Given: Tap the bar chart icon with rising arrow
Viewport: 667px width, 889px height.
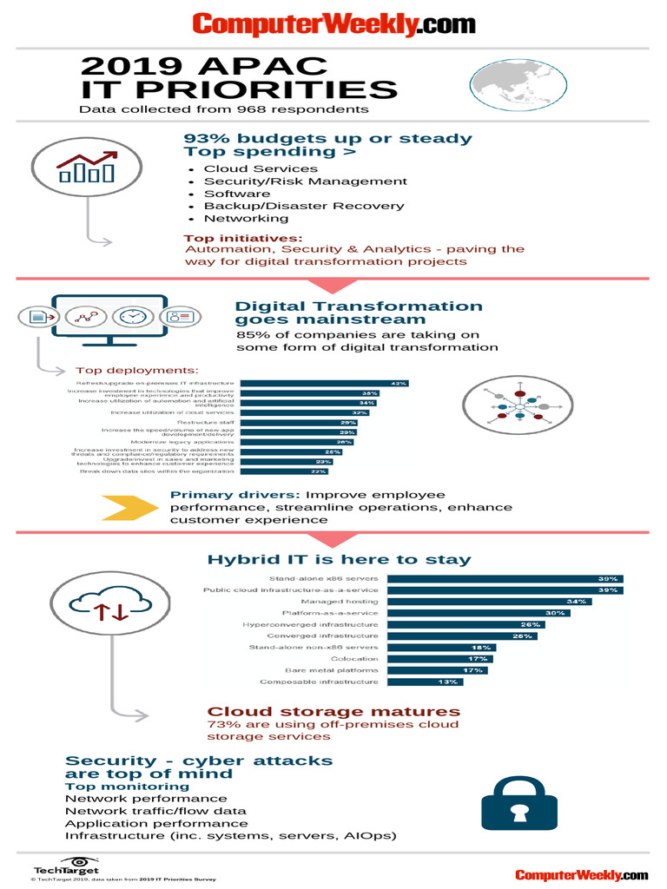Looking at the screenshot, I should point(86,168).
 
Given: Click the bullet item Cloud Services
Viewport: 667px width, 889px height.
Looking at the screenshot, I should point(261,168).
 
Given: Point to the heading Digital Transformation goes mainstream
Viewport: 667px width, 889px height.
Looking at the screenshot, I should point(359,313).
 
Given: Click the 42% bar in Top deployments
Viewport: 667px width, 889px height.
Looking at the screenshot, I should point(325,383).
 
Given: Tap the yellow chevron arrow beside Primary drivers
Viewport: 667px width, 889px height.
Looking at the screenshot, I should point(130,507).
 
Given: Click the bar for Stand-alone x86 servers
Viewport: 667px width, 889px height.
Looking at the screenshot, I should point(505,578).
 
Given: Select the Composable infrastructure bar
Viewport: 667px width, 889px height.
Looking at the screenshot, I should point(425,682).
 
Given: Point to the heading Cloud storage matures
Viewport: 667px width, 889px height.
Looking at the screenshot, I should point(333,712).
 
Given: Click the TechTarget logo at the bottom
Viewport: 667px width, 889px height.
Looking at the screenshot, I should point(66,867).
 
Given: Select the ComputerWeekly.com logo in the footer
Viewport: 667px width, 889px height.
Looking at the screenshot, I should point(581,874).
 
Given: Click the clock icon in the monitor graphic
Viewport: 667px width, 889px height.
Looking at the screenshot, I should point(132,316).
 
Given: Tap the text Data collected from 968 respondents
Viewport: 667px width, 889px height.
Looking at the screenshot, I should point(223,109).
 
